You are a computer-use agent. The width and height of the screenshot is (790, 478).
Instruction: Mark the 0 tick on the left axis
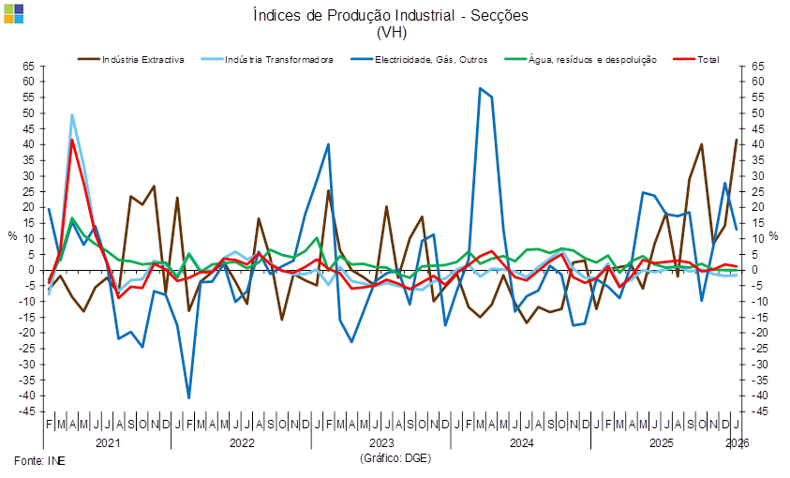31,270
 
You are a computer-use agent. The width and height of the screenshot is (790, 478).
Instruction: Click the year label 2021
108,441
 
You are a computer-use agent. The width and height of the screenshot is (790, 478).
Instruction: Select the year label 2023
381,441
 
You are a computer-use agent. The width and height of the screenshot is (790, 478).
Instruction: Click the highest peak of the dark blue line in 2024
481,89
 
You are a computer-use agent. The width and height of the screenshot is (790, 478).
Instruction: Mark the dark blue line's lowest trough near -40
189,397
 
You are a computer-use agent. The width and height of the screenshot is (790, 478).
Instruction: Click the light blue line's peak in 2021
72,114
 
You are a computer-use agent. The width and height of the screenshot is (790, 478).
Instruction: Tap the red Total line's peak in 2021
72,141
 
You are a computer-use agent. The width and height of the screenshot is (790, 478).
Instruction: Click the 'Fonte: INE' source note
32,460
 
